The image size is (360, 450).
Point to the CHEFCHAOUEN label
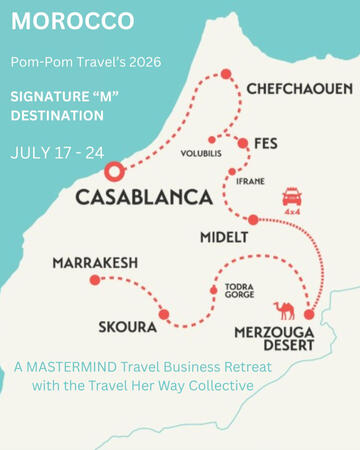(x=299, y=89)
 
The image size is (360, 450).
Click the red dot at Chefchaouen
(x=226, y=73)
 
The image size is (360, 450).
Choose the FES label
(x=266, y=144)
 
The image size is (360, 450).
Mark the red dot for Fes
(x=243, y=142)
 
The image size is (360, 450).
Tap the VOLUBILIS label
(x=200, y=155)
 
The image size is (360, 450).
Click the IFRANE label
(x=251, y=183)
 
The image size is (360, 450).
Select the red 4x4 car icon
(x=292, y=195)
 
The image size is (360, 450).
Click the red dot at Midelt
(x=253, y=219)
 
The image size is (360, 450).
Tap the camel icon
(x=285, y=310)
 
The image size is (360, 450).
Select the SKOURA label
(x=127, y=327)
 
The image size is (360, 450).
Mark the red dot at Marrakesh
(x=95, y=280)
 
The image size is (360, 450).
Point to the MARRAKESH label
(x=95, y=263)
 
